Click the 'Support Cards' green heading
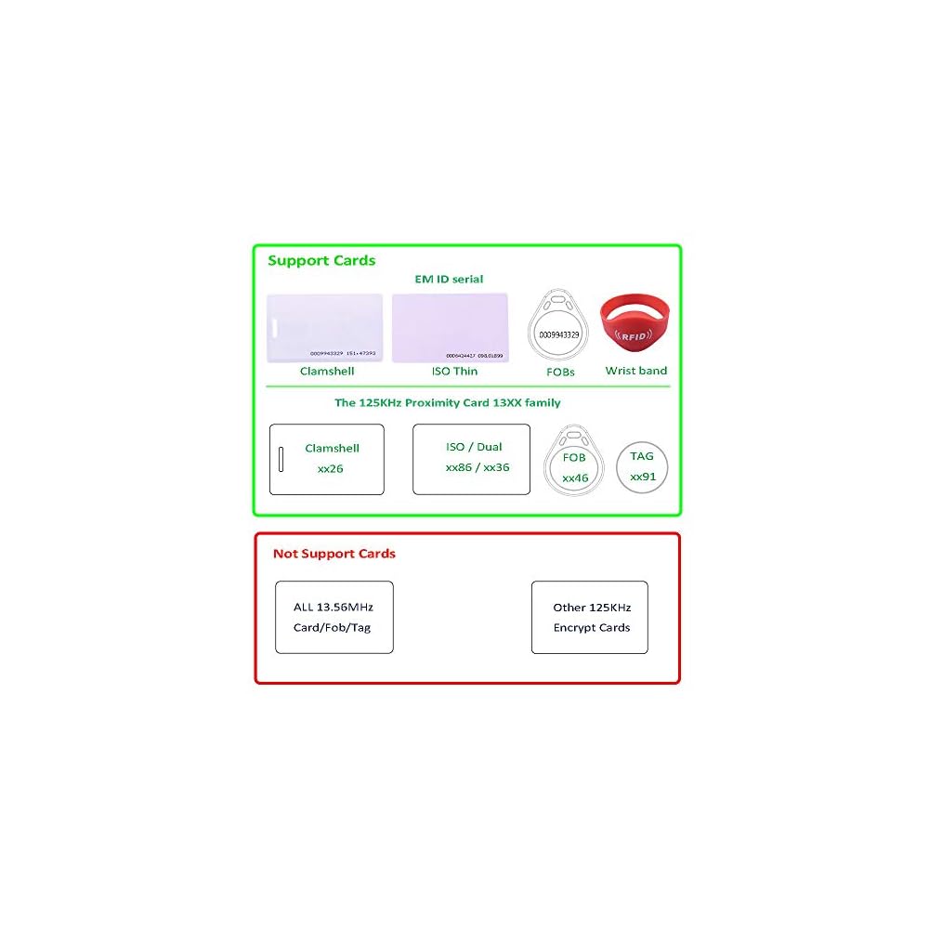tap(321, 260)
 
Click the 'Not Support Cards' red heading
tap(334, 554)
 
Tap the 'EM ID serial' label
tap(449, 279)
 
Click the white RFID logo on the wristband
tap(635, 336)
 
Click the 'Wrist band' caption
tap(636, 371)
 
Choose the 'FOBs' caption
tap(560, 372)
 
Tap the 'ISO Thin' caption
tap(454, 371)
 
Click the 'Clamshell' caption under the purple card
tap(327, 371)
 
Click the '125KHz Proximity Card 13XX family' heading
tap(448, 403)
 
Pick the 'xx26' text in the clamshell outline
tap(331, 468)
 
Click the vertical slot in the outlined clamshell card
tap(281, 459)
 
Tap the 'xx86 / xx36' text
tap(478, 467)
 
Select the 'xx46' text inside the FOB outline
tap(575, 478)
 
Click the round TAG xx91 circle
tap(643, 466)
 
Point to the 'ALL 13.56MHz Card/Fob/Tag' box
tap(334, 617)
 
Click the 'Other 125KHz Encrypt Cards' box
tap(590, 617)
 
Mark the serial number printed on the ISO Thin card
tap(475, 355)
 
